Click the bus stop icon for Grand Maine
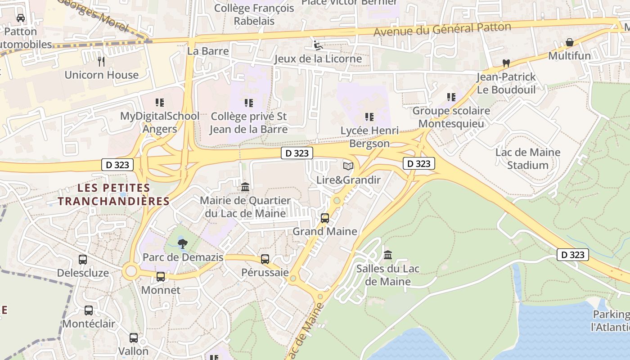coord(324,218)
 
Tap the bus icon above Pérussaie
coord(265,259)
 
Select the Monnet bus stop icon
coord(161,277)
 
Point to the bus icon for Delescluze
coord(83,260)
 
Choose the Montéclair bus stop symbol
coord(89,310)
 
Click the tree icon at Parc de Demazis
coord(182,244)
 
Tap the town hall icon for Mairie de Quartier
coord(245,186)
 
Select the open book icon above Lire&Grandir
coord(348,166)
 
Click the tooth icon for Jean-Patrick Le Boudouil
coord(506,63)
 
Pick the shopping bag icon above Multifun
coord(569,43)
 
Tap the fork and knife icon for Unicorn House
coord(101,61)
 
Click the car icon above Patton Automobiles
coord(20,18)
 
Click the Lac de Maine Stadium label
coord(528,158)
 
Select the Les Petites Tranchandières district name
coord(113,194)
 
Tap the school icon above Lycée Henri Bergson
coord(369,117)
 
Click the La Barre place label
coord(208,51)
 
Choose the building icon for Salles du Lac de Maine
coord(388,256)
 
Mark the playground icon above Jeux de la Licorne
coord(318,45)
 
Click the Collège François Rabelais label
coord(254,14)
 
